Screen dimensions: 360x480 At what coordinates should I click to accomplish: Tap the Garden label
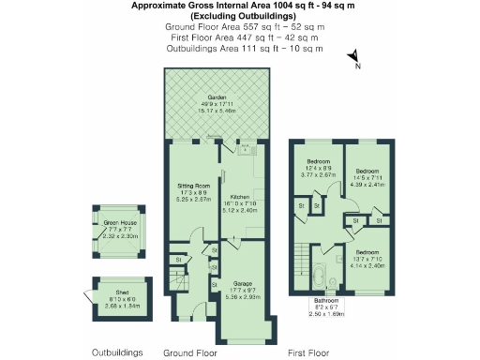click(x=217, y=97)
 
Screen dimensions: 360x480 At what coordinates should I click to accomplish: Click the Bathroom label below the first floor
click(x=328, y=301)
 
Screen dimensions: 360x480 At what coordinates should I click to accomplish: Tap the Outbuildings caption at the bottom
click(x=117, y=352)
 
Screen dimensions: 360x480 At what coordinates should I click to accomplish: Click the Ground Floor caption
click(x=190, y=352)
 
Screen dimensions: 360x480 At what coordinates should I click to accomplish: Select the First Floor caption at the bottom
click(x=311, y=352)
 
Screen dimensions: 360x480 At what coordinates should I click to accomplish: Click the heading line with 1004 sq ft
click(x=239, y=6)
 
